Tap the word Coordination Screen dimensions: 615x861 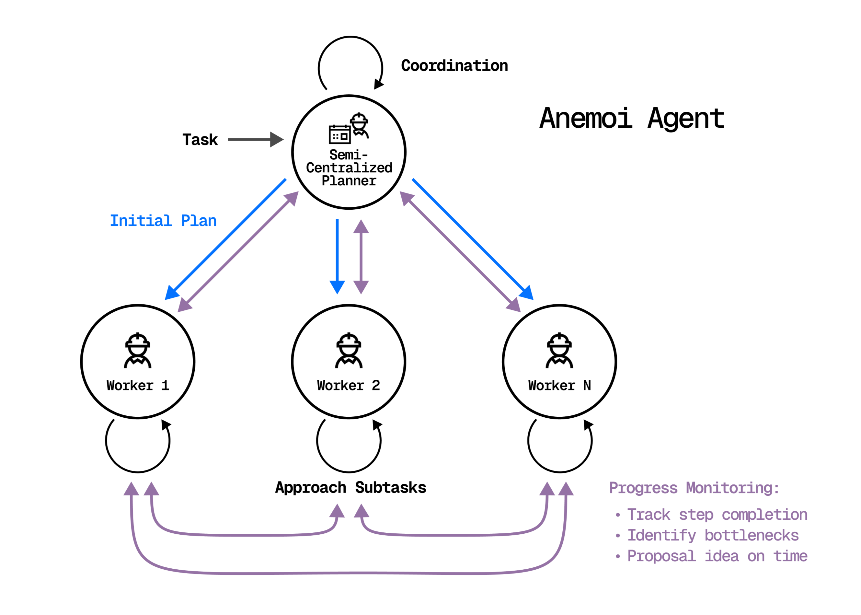(454, 66)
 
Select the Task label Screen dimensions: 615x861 (200, 140)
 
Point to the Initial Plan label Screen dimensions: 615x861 (163, 221)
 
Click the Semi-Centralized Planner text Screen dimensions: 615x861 (349, 168)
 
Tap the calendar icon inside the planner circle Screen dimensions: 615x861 (339, 134)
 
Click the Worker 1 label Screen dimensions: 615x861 (137, 386)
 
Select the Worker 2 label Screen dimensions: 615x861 (348, 386)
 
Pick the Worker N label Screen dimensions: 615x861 (559, 386)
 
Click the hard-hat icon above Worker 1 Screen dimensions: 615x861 (137, 350)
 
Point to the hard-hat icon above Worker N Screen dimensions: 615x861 (559, 350)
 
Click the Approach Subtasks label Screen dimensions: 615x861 (350, 488)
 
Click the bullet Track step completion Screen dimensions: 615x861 (717, 515)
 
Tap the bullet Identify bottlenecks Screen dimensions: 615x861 (713, 536)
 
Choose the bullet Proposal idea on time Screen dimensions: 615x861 (717, 556)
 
